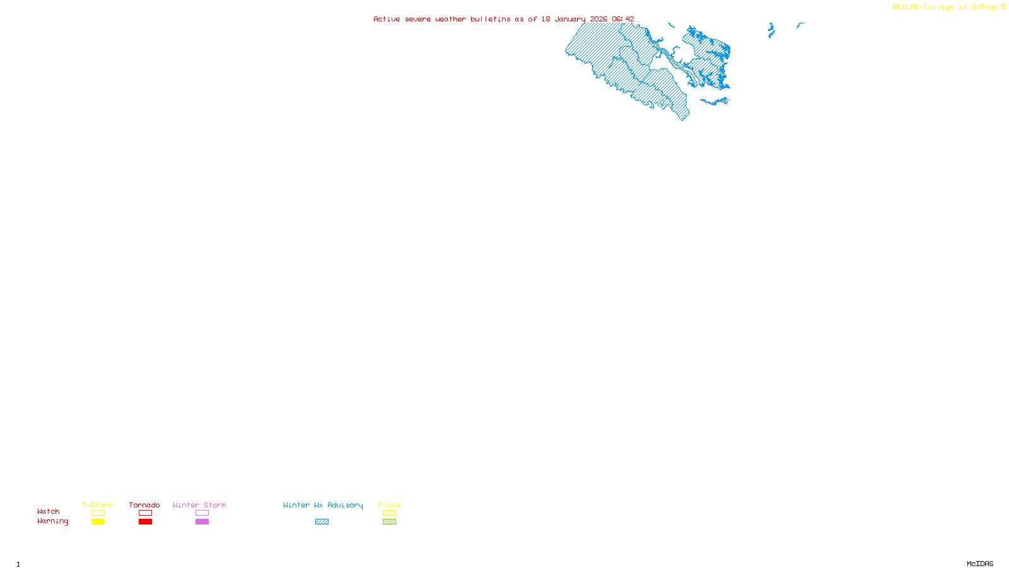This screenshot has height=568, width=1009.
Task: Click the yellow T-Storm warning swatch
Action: click(x=98, y=522)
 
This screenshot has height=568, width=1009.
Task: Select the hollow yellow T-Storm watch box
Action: click(x=98, y=513)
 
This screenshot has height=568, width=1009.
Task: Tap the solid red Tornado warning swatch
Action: click(x=146, y=522)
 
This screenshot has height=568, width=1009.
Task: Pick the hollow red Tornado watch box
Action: click(x=146, y=513)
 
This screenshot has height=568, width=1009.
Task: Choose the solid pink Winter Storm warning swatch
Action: click(x=202, y=522)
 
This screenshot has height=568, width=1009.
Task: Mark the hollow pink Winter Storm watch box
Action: click(x=202, y=513)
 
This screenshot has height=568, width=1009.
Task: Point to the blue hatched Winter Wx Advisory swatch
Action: click(x=322, y=522)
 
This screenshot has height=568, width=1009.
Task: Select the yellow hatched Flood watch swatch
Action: click(x=389, y=513)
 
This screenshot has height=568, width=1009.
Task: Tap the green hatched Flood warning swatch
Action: click(x=389, y=522)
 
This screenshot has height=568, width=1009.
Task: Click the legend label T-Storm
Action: click(x=97, y=505)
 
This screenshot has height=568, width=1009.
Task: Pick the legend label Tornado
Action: click(x=144, y=505)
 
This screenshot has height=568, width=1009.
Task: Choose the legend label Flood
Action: click(x=389, y=505)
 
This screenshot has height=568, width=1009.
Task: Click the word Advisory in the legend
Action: click(x=345, y=505)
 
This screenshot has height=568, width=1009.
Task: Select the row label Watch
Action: click(x=49, y=511)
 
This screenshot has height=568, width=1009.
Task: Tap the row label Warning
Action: click(x=52, y=521)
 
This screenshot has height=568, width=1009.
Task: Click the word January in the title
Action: click(x=570, y=19)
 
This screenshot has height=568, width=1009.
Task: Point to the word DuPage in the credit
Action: click(x=985, y=8)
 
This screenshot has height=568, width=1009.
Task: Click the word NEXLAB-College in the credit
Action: click(x=923, y=8)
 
